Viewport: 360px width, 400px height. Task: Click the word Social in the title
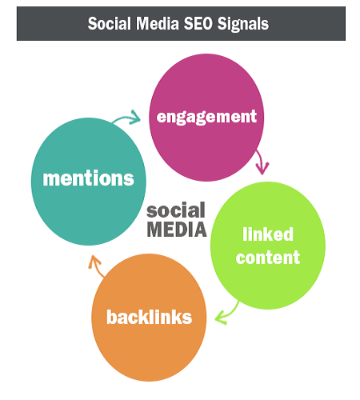(x=110, y=23)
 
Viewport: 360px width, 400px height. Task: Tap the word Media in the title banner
(x=158, y=23)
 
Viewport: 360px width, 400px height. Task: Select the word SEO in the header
(x=198, y=23)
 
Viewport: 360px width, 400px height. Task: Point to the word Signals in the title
(x=243, y=25)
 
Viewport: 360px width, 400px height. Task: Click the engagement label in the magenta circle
(x=206, y=118)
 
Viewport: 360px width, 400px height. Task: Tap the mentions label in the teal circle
(x=88, y=178)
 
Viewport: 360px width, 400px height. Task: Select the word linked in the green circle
(x=268, y=234)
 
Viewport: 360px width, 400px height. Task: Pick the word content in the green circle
(x=268, y=258)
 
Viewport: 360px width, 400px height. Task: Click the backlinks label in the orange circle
(x=150, y=317)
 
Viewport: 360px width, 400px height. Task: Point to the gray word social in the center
(x=176, y=210)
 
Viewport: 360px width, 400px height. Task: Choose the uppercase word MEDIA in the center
(x=177, y=229)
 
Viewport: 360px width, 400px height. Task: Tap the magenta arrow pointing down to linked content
(x=262, y=162)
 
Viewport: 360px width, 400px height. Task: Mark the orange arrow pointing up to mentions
(x=95, y=266)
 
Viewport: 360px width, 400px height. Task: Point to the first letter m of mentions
(x=50, y=179)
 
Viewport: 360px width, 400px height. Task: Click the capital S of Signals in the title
(x=222, y=23)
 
